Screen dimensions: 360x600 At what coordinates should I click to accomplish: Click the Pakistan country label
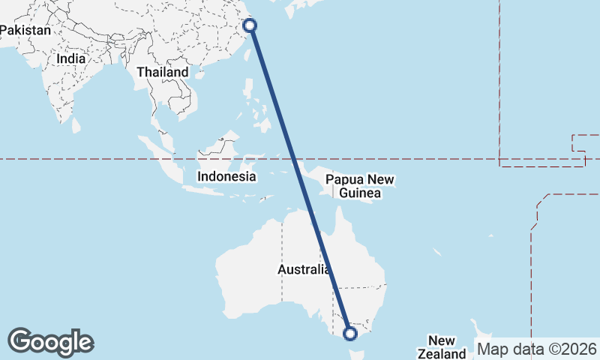click(26, 31)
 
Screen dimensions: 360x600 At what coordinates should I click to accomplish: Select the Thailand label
click(163, 72)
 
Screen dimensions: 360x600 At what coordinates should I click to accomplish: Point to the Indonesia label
click(226, 177)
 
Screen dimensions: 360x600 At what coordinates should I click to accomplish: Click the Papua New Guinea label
click(360, 187)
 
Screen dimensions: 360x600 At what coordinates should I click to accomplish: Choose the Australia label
click(303, 269)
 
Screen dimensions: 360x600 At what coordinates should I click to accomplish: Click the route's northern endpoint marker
click(250, 25)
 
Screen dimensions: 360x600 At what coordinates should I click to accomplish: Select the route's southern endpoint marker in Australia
click(349, 333)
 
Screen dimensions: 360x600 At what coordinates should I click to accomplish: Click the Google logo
click(50, 342)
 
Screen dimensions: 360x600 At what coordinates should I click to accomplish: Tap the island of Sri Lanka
click(76, 124)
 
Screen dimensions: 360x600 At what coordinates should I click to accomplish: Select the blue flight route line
click(300, 180)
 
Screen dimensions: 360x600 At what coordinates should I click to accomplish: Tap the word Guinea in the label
click(360, 193)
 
